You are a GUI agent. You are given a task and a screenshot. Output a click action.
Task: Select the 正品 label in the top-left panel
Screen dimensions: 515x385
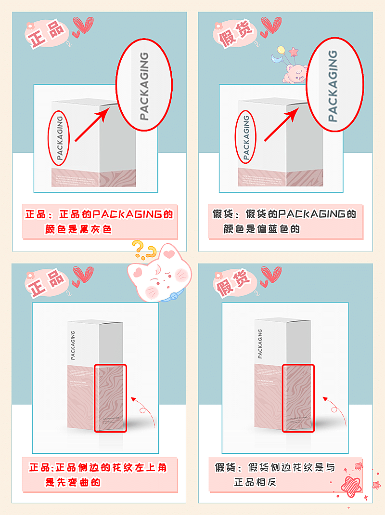(x=47, y=35)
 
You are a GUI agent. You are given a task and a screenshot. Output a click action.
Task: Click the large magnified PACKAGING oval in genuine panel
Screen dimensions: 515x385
(x=144, y=86)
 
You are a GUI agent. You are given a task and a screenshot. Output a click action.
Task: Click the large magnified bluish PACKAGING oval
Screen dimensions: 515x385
(x=332, y=86)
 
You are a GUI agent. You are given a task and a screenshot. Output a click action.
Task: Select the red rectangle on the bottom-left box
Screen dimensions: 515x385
(x=110, y=398)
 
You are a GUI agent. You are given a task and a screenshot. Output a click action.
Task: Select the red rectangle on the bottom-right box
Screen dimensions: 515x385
(x=298, y=398)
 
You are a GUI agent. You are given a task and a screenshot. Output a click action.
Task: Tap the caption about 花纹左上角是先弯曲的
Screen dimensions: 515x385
(x=99, y=475)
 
